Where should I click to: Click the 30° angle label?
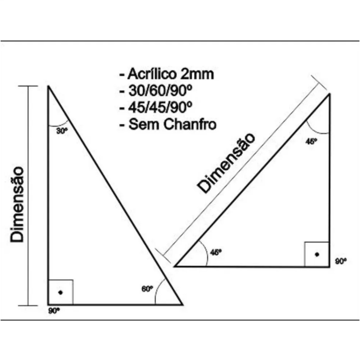(x=62, y=131)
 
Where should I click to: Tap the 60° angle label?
(x=147, y=289)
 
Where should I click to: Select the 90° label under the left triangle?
(x=54, y=311)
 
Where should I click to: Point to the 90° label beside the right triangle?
(x=341, y=261)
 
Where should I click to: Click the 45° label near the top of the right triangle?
(x=311, y=141)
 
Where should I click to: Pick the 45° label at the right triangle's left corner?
(x=216, y=252)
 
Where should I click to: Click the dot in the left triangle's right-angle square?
(x=60, y=292)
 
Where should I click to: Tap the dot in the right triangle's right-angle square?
(x=317, y=255)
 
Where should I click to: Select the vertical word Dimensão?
(x=17, y=205)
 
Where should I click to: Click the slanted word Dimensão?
(x=226, y=163)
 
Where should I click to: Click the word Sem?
(x=144, y=124)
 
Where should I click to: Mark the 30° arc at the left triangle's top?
(x=59, y=125)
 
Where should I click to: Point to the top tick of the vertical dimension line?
(x=28, y=86)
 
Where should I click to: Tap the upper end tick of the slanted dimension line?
(x=319, y=83)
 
